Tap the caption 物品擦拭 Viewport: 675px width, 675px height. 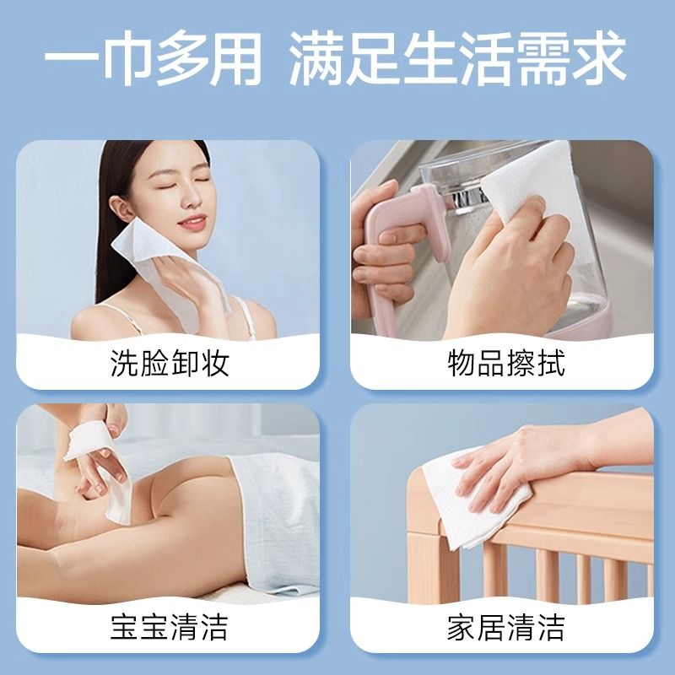[505, 364]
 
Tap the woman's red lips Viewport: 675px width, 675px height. [192, 223]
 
